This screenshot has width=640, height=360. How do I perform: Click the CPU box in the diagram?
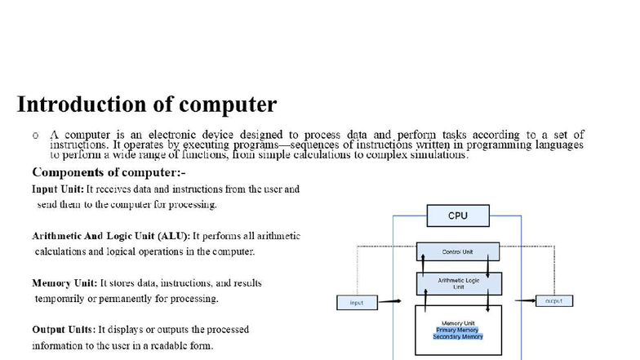coord(458,216)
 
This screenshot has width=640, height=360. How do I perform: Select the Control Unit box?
coord(457,251)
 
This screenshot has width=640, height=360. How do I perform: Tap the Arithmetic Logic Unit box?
coord(458,282)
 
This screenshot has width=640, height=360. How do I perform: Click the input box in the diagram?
coord(357,302)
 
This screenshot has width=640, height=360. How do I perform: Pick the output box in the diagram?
coord(554,301)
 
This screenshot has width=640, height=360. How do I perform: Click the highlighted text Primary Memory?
coord(458,330)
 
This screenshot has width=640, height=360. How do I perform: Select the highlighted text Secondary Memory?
coord(458,336)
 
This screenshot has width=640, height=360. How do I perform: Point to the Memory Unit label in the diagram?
coord(458,323)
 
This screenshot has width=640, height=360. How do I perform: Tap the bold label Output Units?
coord(64,330)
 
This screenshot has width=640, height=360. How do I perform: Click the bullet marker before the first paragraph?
coord(36,136)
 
